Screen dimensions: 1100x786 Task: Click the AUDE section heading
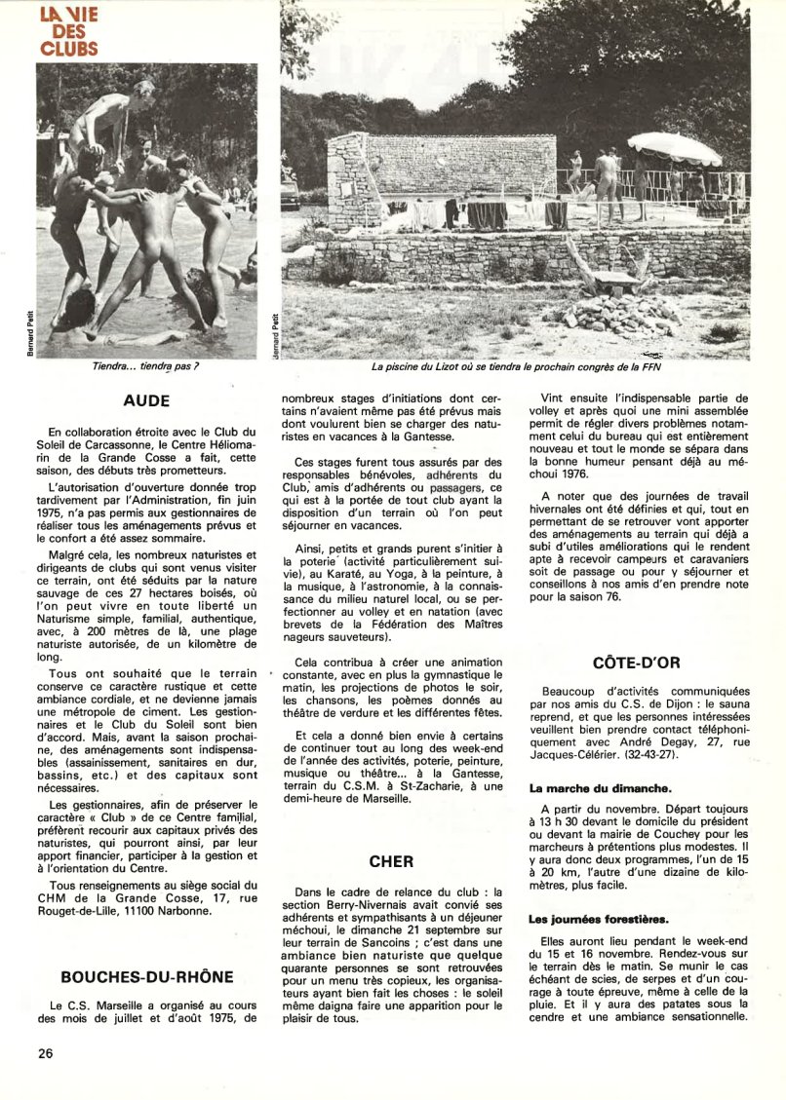click(146, 400)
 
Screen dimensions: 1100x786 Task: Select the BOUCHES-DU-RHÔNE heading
click(146, 977)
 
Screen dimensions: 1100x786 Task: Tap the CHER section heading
click(391, 861)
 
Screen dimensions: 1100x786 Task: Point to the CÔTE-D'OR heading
click(636, 663)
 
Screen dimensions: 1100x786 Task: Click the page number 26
click(46, 1053)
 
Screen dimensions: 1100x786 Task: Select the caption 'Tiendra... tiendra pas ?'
click(146, 366)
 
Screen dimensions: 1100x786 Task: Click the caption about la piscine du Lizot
click(515, 367)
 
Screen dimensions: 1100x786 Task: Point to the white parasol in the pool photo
click(674, 149)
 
